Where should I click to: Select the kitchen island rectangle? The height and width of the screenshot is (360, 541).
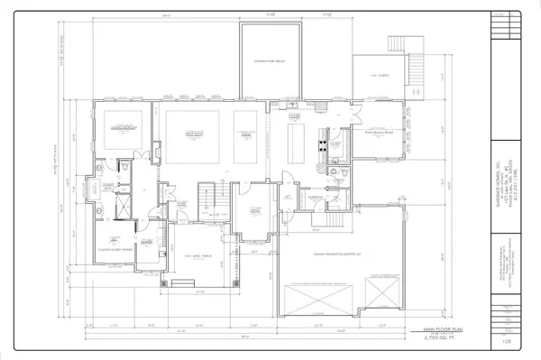click(294, 135)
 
